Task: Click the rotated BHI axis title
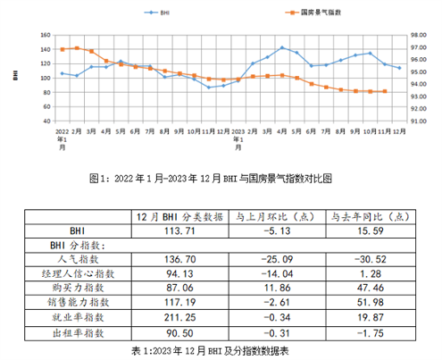[15, 77]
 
